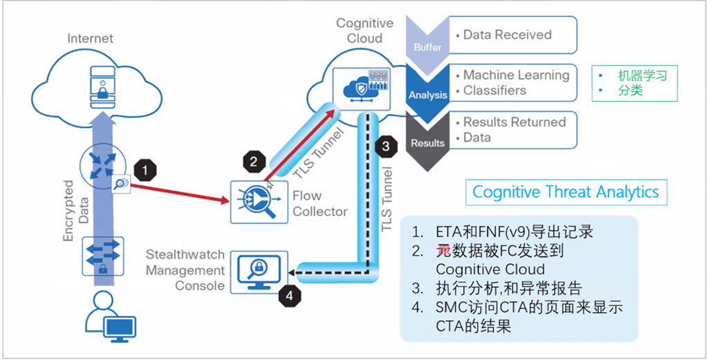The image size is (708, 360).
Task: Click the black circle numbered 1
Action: pos(145,168)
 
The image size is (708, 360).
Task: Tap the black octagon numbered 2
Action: pos(253,162)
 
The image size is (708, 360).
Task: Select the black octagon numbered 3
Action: pos(385,146)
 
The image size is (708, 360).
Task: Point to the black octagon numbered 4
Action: pos(290,296)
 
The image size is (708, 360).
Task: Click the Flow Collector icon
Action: pos(257,200)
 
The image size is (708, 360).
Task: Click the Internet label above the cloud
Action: pos(90,39)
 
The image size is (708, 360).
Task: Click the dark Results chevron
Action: pos(428,141)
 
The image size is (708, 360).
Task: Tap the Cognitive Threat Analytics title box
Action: pos(566,191)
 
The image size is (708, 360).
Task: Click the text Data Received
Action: pos(507,35)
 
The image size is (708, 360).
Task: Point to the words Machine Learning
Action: pos(516,75)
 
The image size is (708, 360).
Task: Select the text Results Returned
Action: pos(514,122)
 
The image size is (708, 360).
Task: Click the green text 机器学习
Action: pos(642,76)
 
